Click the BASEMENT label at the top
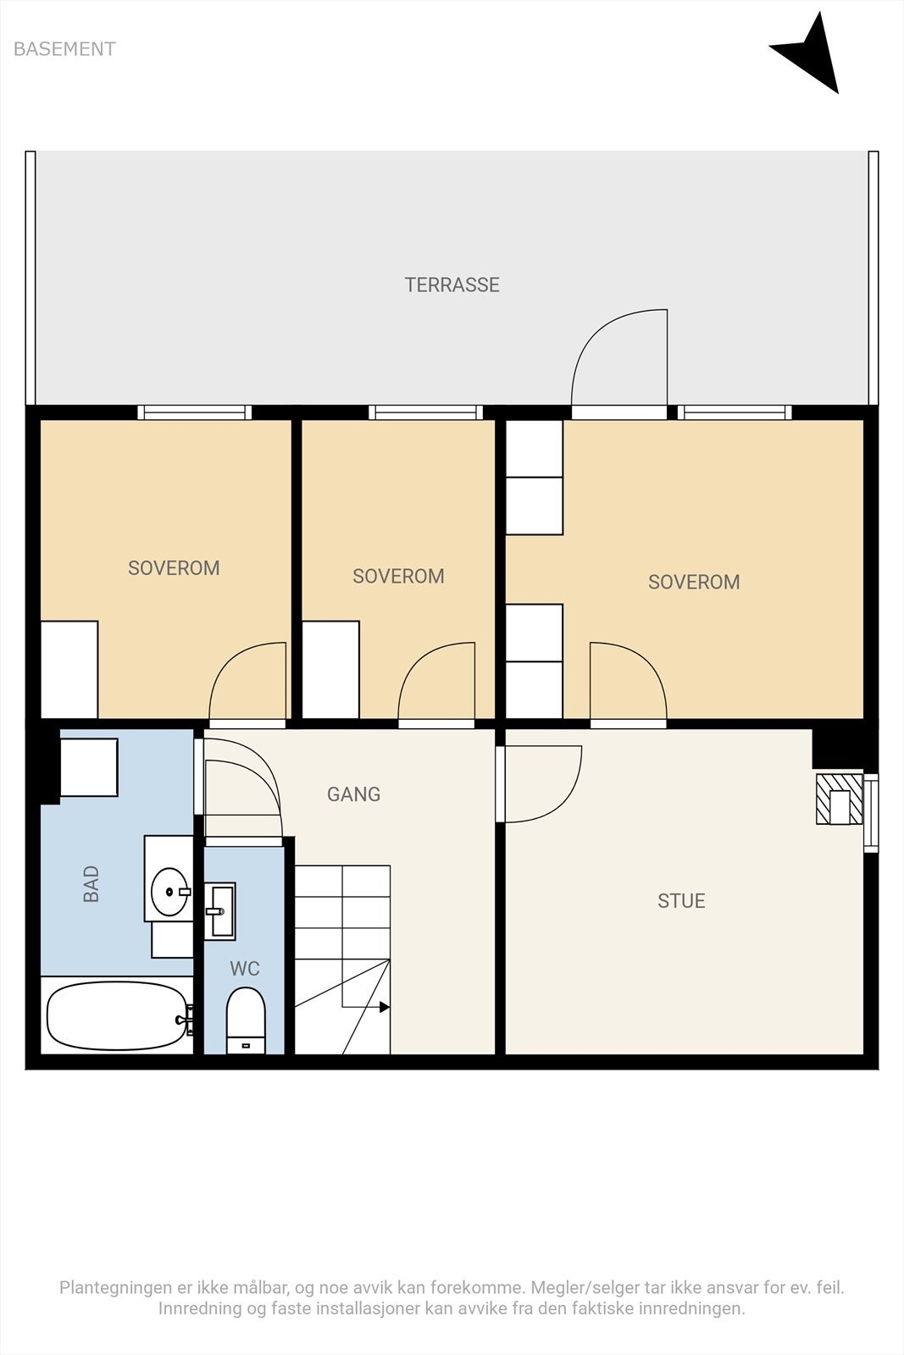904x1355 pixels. click(x=64, y=49)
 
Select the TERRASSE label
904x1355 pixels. click(x=452, y=285)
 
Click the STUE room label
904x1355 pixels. click(x=681, y=901)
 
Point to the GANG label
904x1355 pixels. click(x=354, y=794)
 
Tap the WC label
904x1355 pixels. click(x=245, y=969)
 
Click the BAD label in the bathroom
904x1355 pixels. click(x=91, y=884)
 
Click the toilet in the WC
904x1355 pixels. click(x=246, y=1021)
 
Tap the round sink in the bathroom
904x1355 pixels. click(x=169, y=892)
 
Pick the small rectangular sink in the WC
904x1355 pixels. click(x=219, y=911)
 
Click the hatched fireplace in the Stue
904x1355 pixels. click(x=840, y=799)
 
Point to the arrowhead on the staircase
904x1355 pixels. click(x=385, y=1007)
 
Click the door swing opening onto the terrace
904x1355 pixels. click(x=619, y=357)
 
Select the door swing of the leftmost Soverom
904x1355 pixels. click(x=247, y=681)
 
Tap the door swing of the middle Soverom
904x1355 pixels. click(x=436, y=681)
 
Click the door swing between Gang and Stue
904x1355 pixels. click(x=543, y=784)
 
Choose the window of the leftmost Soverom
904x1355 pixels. click(x=194, y=412)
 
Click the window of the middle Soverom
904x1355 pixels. click(x=426, y=412)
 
